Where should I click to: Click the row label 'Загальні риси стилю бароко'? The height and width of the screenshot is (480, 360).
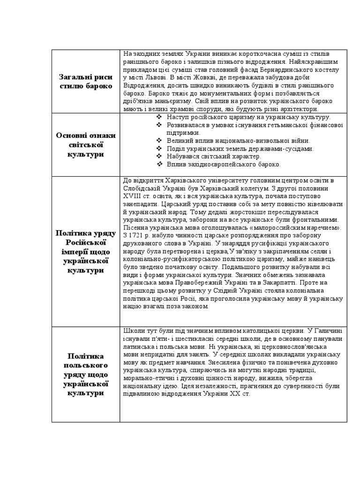point(86,82)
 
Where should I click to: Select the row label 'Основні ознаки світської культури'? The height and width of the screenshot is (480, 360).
point(86,144)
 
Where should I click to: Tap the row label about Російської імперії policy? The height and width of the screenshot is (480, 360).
point(86,251)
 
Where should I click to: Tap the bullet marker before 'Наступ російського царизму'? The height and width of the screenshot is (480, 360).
point(159,117)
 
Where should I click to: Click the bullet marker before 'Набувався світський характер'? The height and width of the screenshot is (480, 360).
point(159,157)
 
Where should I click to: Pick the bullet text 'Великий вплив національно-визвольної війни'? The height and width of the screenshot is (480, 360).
point(238,141)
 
